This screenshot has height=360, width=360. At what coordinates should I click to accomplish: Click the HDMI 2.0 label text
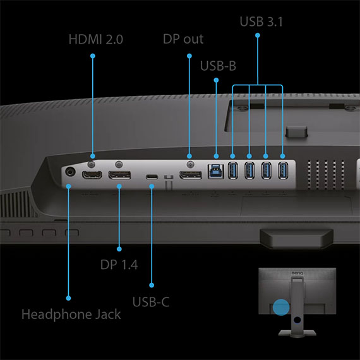(x=96, y=39)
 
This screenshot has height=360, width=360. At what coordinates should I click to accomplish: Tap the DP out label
(x=183, y=39)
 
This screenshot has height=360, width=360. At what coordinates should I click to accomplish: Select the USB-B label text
(x=218, y=66)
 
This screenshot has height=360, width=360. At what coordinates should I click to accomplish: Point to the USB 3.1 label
(x=261, y=21)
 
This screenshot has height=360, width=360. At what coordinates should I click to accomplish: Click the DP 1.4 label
(x=119, y=265)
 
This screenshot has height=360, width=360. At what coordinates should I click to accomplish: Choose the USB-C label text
(x=151, y=302)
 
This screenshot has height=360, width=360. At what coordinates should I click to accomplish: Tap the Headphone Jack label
(x=71, y=315)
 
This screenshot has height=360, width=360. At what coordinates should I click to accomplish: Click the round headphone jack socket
(x=70, y=172)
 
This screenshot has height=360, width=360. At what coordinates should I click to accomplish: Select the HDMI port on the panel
(x=92, y=175)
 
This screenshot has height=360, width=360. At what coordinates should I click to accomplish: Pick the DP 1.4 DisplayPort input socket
(x=119, y=175)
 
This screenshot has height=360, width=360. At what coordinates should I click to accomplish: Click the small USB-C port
(x=152, y=177)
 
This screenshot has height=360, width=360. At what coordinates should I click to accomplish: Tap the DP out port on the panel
(x=191, y=175)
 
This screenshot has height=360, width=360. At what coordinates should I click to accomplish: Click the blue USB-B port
(x=215, y=171)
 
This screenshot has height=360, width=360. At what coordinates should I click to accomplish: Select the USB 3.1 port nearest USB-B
(x=232, y=171)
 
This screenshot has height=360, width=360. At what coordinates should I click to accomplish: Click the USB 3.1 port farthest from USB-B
(x=283, y=171)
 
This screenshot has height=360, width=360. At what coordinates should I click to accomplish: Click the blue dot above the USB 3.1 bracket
(x=258, y=35)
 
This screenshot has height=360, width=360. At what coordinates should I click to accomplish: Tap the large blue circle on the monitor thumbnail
(x=281, y=307)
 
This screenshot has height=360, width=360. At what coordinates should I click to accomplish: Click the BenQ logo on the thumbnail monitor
(x=297, y=273)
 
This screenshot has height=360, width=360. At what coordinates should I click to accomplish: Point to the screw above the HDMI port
(x=92, y=164)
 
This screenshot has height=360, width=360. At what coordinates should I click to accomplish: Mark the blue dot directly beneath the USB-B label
(x=216, y=80)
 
